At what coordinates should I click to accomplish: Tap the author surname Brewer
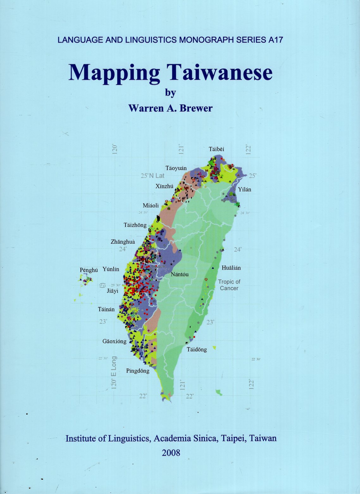pyautogui.click(x=196, y=108)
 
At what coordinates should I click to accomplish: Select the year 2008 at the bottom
pyautogui.click(x=171, y=453)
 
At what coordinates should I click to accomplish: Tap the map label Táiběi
pyautogui.click(x=216, y=149)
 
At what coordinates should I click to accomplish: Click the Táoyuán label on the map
pyautogui.click(x=176, y=168)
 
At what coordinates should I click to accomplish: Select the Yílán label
pyautogui.click(x=245, y=189)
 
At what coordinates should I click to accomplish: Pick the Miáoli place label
pyautogui.click(x=151, y=205)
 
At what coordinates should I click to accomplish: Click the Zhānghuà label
pyautogui.click(x=123, y=242)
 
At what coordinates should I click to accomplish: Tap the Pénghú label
pyautogui.click(x=89, y=270)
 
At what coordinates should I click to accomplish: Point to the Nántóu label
pyautogui.click(x=179, y=274)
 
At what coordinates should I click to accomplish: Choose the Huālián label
pyautogui.click(x=231, y=268)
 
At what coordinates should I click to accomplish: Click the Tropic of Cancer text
pyautogui.click(x=229, y=285)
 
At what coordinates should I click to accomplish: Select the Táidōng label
pyautogui.click(x=196, y=349)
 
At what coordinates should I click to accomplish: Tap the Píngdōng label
pyautogui.click(x=138, y=371)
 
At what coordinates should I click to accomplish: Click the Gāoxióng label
pyautogui.click(x=114, y=341)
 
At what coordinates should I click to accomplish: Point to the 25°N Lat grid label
pyautogui.click(x=153, y=176)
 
